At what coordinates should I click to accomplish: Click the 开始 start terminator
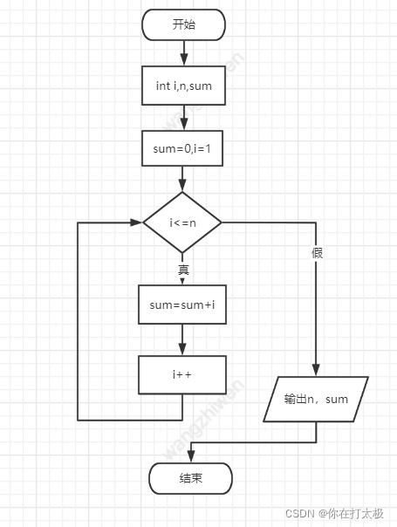(x=183, y=24)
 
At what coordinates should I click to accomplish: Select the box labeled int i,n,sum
(x=183, y=86)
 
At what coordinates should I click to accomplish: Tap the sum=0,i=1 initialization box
(x=182, y=148)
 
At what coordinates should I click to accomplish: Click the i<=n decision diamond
(x=182, y=222)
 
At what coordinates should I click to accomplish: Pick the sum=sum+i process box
(x=182, y=305)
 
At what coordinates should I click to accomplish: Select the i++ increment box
(x=182, y=375)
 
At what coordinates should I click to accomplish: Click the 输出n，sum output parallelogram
(x=316, y=399)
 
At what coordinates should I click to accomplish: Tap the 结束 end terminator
(x=190, y=478)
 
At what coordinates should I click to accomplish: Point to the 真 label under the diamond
(x=183, y=270)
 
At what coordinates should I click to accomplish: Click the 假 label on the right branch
(x=317, y=253)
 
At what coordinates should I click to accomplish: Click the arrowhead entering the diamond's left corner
(x=136, y=222)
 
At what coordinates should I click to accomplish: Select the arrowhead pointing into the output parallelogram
(x=316, y=369)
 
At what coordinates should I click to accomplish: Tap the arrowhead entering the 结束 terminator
(x=191, y=456)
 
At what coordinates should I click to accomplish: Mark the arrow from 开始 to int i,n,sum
(x=184, y=53)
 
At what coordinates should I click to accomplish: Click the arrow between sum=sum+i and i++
(x=182, y=339)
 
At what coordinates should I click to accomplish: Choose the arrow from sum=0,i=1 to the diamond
(x=182, y=179)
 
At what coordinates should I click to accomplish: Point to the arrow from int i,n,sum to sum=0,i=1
(x=184, y=118)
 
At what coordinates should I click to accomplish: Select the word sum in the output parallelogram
(x=337, y=400)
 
